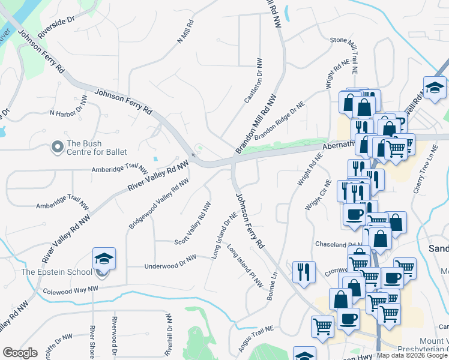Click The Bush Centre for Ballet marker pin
coord(58,147)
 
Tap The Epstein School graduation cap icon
coord(104,259)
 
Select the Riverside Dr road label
coord(58,28)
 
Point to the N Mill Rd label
coord(185,32)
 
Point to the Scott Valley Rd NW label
coord(193,223)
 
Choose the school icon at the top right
coord(434,87)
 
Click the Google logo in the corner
coord(20,353)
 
